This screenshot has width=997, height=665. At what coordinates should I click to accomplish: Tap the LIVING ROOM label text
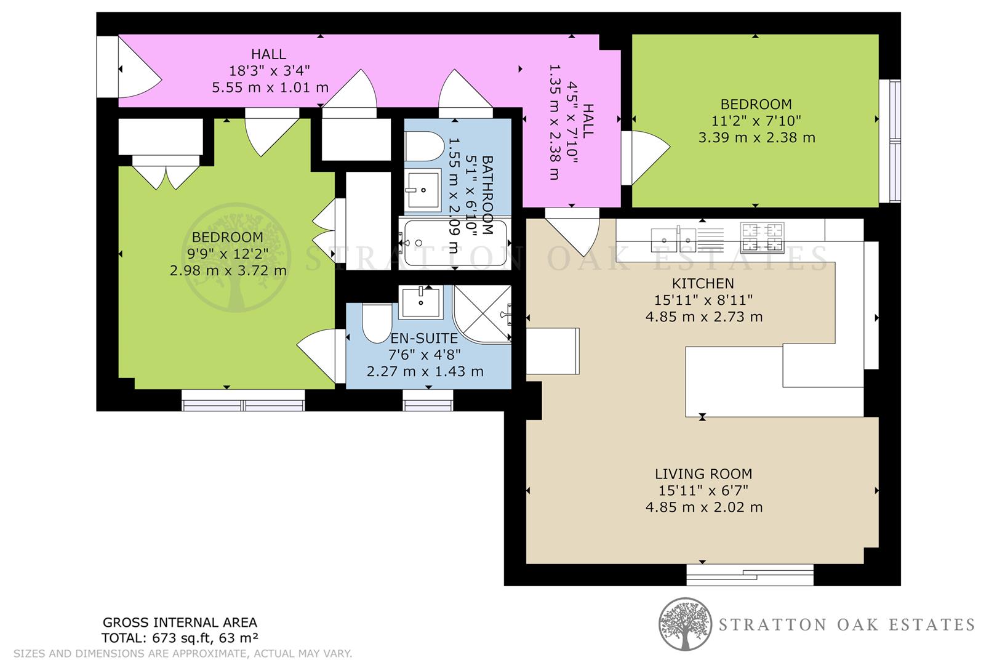click(703, 474)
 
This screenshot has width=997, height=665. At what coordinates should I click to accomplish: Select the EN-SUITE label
click(425, 339)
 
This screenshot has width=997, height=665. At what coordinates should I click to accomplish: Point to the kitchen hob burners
click(763, 238)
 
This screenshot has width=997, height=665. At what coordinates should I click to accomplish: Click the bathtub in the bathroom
click(454, 243)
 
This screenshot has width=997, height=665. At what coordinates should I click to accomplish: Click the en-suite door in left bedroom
click(320, 355)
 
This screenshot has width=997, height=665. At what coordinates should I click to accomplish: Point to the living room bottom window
click(750, 575)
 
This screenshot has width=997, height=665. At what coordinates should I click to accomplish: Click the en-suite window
click(428, 404)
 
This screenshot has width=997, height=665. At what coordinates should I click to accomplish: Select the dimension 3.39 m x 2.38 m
click(756, 137)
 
